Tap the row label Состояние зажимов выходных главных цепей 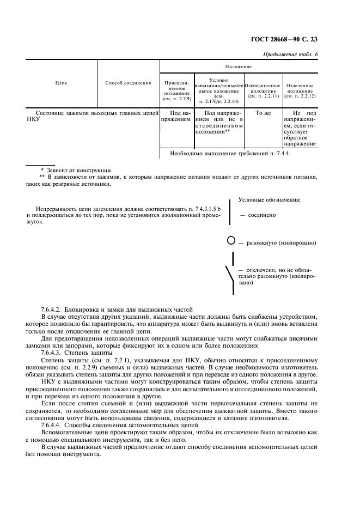tap(91, 113)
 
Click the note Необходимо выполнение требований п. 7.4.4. tap(230, 154)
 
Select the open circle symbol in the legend tap(230, 241)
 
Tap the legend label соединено tap(261, 215)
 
